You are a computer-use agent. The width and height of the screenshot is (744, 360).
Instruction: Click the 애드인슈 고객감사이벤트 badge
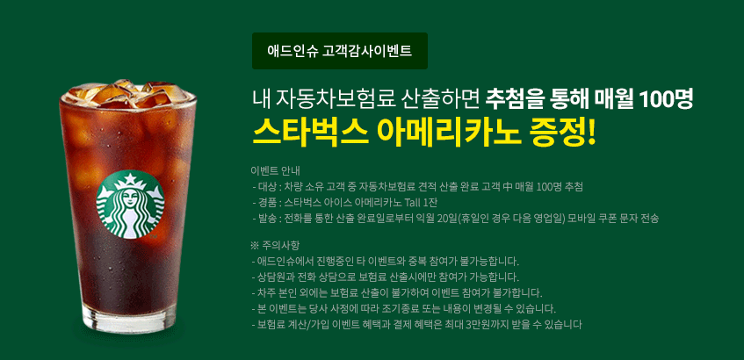click(x=340, y=51)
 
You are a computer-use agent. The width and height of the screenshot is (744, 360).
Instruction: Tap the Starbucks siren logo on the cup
click(x=131, y=205)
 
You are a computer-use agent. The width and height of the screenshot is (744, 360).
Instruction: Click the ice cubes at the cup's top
click(x=127, y=93)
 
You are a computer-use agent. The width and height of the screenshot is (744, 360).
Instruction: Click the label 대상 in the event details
click(x=268, y=186)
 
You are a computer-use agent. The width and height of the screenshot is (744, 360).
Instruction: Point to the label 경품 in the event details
click(x=268, y=203)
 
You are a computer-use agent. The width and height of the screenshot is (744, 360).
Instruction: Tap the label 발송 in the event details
click(x=268, y=219)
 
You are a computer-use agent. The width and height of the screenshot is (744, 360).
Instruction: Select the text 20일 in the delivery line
click(x=448, y=219)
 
